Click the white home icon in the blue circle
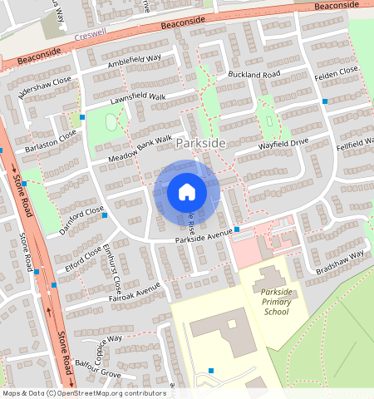pos(187,192)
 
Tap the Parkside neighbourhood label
pos(200,144)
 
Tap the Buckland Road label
pos(254,76)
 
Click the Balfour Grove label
pos(98,370)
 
